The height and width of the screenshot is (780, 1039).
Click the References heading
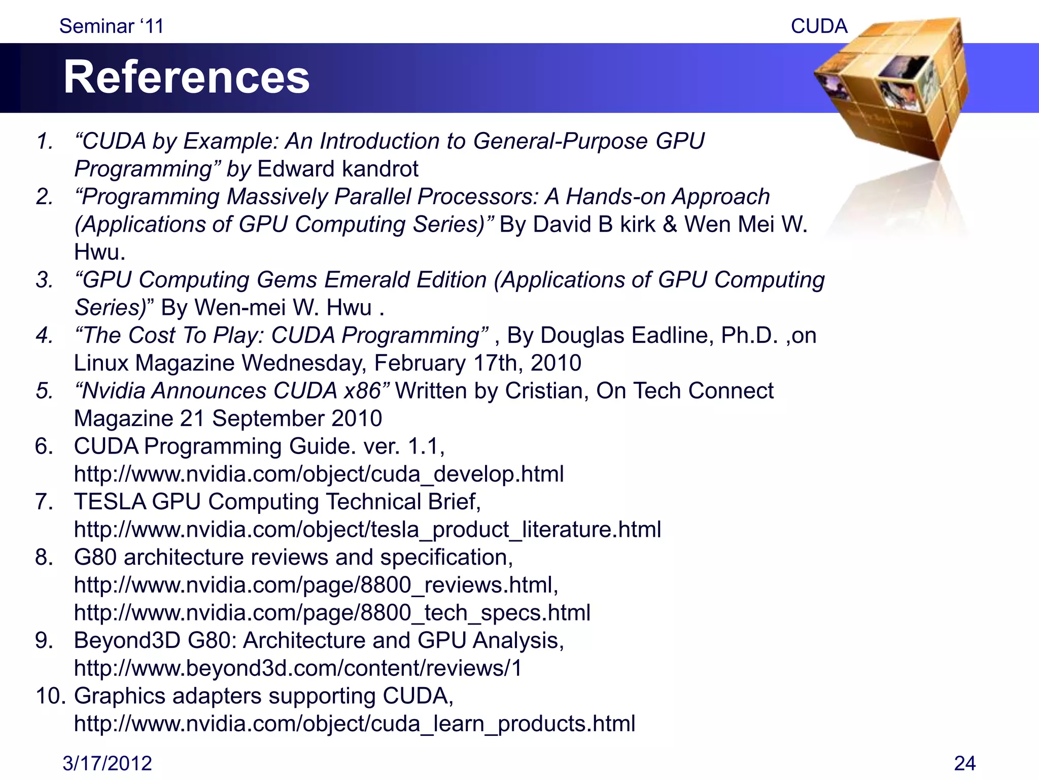(x=186, y=77)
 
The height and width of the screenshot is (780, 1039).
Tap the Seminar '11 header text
(x=112, y=26)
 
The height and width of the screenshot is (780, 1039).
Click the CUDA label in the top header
(x=819, y=26)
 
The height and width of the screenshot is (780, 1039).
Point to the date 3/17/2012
(x=107, y=763)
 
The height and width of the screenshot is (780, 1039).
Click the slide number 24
(x=964, y=763)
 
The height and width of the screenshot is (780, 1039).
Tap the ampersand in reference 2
(x=670, y=224)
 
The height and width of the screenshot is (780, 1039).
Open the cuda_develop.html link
(x=319, y=474)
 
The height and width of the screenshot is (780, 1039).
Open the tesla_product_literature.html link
(x=367, y=529)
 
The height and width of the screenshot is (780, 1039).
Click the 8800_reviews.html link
(x=316, y=585)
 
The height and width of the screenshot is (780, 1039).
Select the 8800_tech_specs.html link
(x=332, y=612)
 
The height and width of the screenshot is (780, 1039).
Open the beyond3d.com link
(x=298, y=668)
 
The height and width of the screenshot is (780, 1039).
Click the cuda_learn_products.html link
(x=354, y=724)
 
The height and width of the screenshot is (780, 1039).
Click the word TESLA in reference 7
(x=109, y=502)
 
